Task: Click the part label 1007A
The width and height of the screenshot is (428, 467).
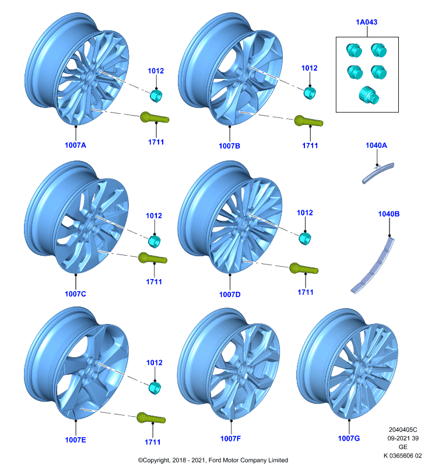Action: tap(76, 145)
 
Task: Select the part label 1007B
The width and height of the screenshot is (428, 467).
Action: tap(229, 146)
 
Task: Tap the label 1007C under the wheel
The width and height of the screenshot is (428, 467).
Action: tap(76, 294)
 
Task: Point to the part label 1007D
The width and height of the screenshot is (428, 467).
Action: tap(230, 295)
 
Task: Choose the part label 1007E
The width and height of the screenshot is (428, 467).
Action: tap(76, 440)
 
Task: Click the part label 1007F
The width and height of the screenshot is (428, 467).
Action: tap(230, 439)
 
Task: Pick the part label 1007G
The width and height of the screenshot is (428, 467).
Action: tap(349, 438)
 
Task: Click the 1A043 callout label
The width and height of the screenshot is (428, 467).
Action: tap(366, 22)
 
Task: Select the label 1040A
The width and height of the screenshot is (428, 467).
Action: tap(376, 145)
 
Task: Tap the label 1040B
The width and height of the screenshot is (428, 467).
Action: tap(389, 214)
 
